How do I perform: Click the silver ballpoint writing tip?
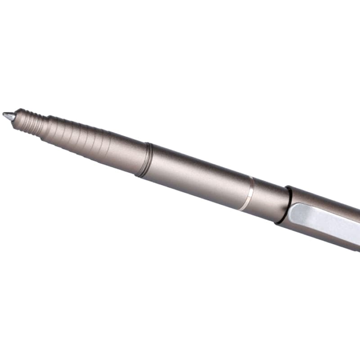click(x=8, y=116)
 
